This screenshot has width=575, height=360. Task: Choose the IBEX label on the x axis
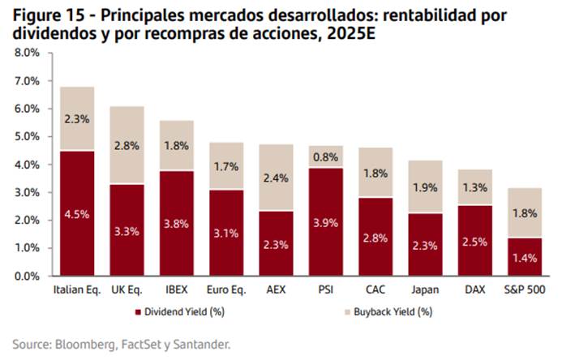click(x=176, y=289)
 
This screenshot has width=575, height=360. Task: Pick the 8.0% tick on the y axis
click(x=28, y=53)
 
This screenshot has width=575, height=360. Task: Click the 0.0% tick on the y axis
click(x=28, y=276)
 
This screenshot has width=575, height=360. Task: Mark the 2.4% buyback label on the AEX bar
click(x=275, y=180)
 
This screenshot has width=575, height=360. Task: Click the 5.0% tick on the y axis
click(x=28, y=137)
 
